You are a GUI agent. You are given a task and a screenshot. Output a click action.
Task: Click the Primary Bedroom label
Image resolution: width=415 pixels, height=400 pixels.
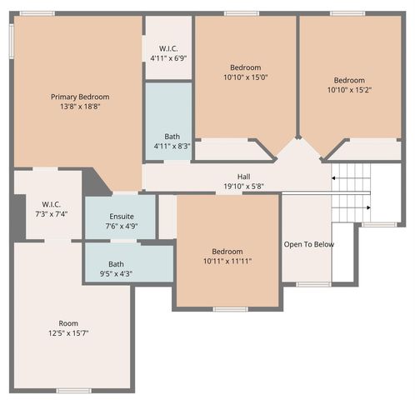point(80,97)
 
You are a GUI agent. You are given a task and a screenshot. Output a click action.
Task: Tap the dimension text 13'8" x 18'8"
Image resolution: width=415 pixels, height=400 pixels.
point(80,107)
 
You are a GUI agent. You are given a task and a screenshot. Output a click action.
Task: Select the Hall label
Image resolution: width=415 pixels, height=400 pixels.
point(243,177)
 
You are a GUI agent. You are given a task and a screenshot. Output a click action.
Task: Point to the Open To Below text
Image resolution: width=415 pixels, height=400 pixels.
point(309,244)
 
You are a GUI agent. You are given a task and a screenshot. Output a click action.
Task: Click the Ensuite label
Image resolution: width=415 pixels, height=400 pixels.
point(122,216)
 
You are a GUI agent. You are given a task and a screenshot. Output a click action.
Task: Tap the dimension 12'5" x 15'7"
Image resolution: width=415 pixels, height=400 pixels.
point(68,333)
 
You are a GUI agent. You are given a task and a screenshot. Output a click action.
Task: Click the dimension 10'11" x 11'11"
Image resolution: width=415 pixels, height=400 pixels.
point(227,262)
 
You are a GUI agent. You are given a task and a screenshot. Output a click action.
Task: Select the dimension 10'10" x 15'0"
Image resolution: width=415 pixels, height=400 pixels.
point(245,77)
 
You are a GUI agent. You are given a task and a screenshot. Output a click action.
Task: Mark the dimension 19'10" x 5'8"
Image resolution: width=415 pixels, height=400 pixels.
point(243,187)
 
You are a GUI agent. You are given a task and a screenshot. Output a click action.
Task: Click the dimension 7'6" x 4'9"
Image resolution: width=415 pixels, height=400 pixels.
point(122,226)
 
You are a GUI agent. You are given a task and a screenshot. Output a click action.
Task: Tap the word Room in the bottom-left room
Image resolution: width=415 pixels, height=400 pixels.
point(68,323)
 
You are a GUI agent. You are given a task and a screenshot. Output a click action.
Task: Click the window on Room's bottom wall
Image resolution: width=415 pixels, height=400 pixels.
point(73,390)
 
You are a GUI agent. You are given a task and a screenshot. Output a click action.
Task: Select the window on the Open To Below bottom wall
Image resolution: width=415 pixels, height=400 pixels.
point(313,284)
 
